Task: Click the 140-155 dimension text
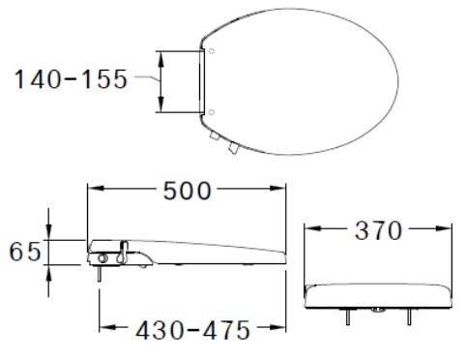coord(69,80)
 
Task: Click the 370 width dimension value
coord(377,232)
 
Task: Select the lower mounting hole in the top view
coord(211,113)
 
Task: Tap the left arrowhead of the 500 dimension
coord(91,191)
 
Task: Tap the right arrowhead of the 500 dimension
coord(284,191)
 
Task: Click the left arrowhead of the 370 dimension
coord(308,232)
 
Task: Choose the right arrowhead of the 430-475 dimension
coord(285,329)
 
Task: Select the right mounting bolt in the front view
coord(412,315)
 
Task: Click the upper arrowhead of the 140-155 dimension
coord(162,54)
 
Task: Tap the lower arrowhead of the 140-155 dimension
coord(162,109)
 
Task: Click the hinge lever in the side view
coord(124,253)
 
